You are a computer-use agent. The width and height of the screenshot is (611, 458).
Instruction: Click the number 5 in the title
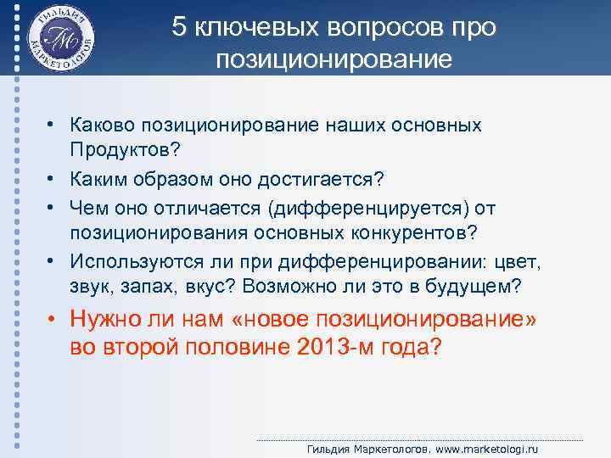178,27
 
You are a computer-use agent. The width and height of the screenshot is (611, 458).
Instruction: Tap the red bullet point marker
53,321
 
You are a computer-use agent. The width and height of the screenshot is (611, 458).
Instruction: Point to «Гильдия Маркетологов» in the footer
368,448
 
